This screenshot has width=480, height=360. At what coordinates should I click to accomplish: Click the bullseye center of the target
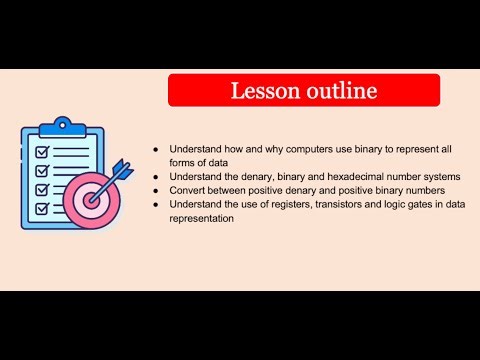coord(93,198)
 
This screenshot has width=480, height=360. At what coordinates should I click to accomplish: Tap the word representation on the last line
coord(202,219)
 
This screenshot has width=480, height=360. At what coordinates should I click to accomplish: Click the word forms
coord(183,162)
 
